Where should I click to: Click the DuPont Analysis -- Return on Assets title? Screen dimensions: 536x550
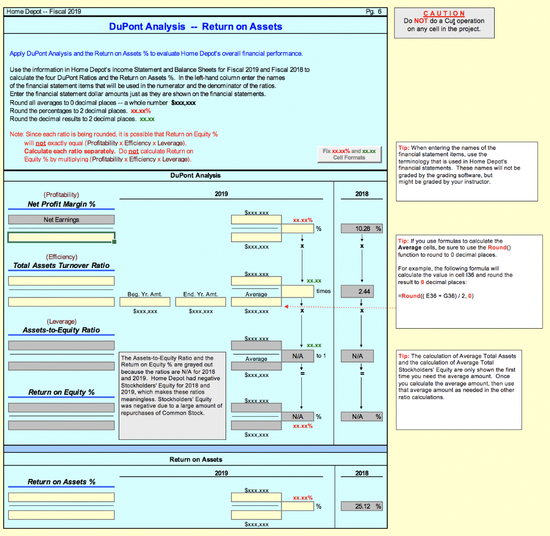(x=196, y=26)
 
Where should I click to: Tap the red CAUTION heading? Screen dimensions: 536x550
(x=444, y=13)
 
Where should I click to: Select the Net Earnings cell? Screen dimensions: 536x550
(x=61, y=219)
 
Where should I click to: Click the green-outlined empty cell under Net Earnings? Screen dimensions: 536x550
(x=61, y=237)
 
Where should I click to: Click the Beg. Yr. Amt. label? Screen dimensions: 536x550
(x=144, y=294)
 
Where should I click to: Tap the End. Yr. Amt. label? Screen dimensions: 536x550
(x=200, y=294)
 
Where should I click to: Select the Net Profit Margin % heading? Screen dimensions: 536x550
(x=61, y=204)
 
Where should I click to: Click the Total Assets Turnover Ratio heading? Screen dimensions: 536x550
(x=61, y=265)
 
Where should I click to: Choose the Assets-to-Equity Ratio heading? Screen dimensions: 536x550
(x=61, y=330)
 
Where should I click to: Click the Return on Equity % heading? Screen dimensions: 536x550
(x=61, y=392)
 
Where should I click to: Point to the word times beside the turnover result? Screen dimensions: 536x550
(x=324, y=291)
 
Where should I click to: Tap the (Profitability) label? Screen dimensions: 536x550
(x=61, y=194)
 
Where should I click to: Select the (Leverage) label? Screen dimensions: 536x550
(x=61, y=321)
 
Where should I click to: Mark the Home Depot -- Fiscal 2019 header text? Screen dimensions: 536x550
(x=43, y=11)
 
